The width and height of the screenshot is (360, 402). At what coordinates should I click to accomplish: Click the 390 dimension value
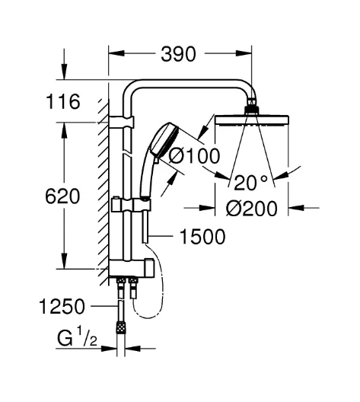point(178,54)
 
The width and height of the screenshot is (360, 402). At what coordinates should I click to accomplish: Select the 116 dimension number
point(62,102)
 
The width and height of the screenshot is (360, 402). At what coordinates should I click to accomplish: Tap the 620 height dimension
point(62,196)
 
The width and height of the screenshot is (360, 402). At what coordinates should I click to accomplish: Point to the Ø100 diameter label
point(195,155)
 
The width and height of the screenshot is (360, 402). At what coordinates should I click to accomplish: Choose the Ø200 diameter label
point(251,208)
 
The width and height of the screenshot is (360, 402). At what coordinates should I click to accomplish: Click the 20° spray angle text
point(251,182)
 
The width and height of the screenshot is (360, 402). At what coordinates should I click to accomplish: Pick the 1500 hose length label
point(202,236)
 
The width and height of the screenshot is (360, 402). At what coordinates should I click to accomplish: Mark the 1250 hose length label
point(62,306)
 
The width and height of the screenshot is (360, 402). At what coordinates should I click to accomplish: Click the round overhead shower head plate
point(252,120)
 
